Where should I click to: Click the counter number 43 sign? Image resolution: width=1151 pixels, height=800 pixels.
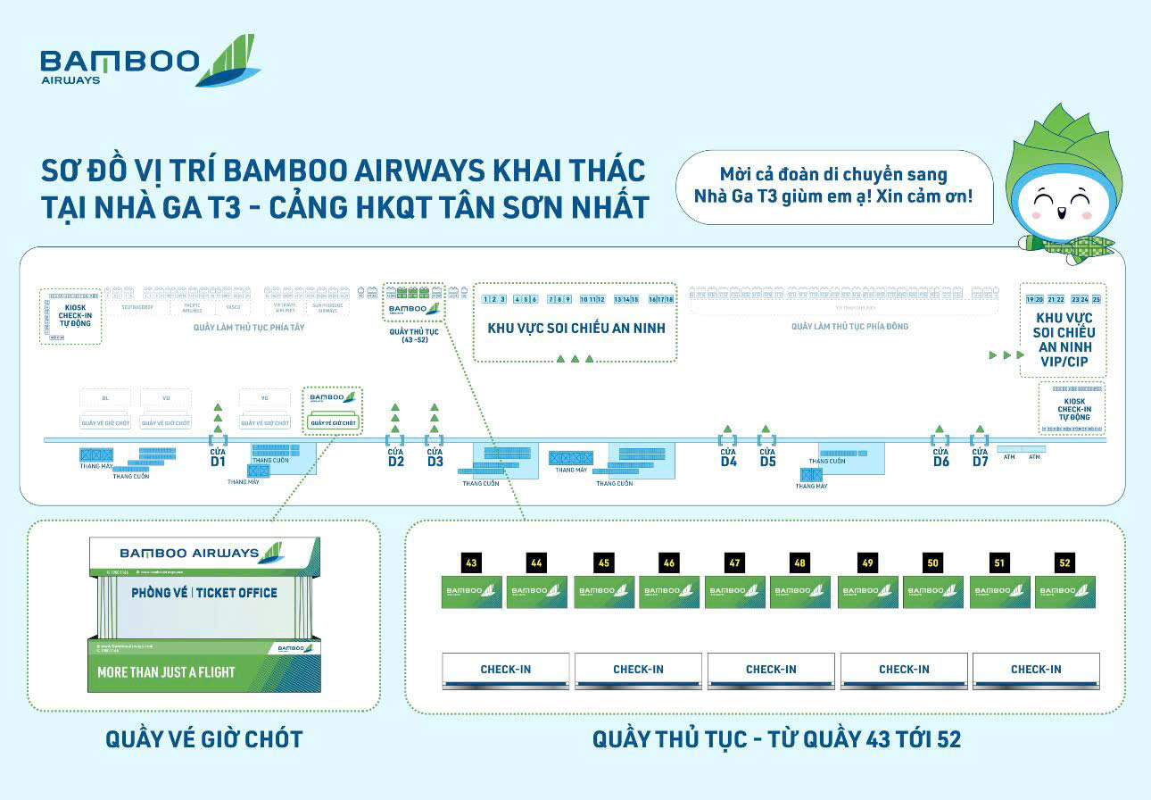[471, 562]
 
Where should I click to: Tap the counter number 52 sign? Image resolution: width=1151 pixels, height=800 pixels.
[1064, 562]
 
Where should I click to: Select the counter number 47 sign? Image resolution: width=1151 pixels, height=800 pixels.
[734, 562]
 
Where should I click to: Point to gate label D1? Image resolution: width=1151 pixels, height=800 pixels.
[218, 462]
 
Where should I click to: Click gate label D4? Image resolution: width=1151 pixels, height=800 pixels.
[728, 462]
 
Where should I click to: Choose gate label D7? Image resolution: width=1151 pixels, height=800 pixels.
[980, 462]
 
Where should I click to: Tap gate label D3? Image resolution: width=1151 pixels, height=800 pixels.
[435, 462]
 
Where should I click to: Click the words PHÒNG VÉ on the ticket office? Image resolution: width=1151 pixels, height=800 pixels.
[160, 592]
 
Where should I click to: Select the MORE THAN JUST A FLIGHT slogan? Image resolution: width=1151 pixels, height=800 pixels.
[166, 671]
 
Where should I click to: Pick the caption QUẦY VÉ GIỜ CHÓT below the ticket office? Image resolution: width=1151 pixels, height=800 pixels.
[204, 739]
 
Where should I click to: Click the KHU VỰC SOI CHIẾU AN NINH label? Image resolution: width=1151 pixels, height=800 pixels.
[575, 329]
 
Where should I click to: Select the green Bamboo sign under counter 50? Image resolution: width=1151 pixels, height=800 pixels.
[932, 593]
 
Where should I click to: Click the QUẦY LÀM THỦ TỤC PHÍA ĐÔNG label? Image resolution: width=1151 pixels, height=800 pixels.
[849, 327]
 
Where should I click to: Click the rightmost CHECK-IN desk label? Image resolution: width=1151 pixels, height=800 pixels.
[1035, 669]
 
